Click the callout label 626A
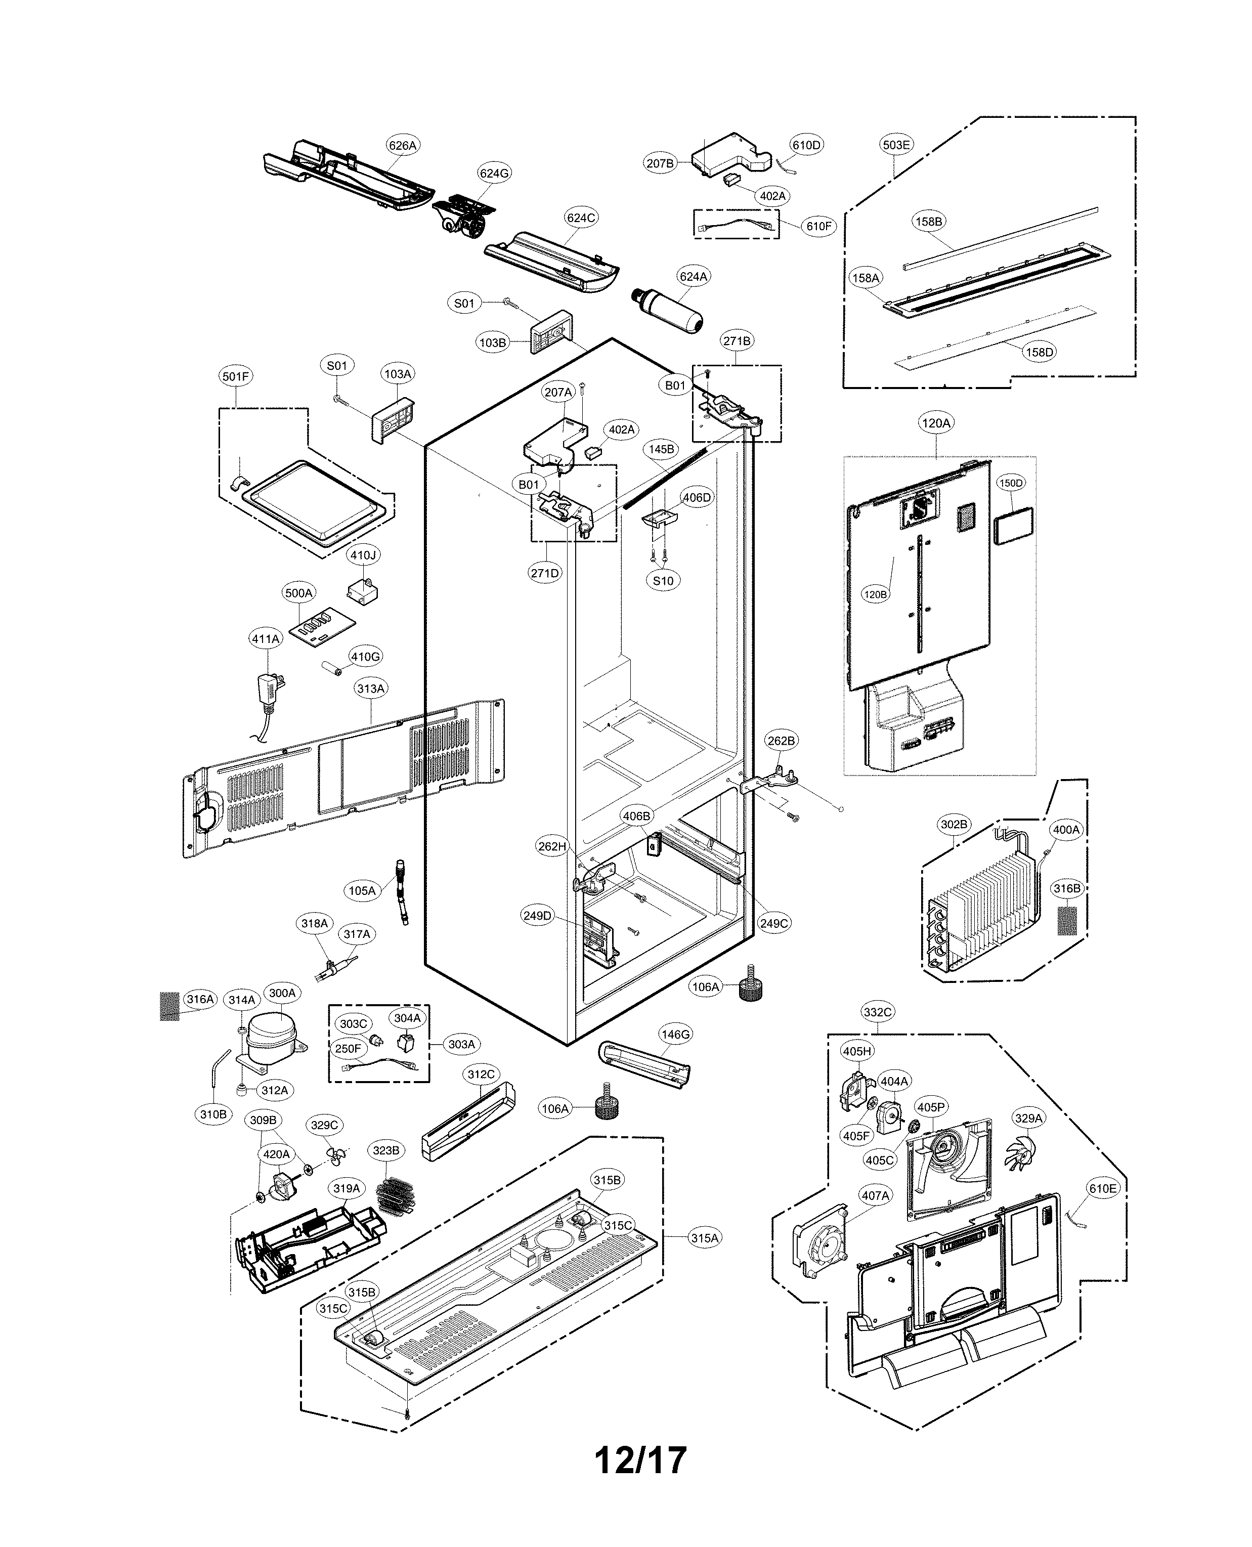click(x=403, y=145)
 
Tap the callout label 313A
click(x=371, y=688)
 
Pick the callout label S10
click(x=663, y=581)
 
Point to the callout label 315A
click(x=705, y=1237)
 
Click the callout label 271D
click(x=544, y=573)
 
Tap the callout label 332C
click(x=877, y=1012)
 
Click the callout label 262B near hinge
click(x=781, y=741)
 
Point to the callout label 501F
click(x=236, y=376)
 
